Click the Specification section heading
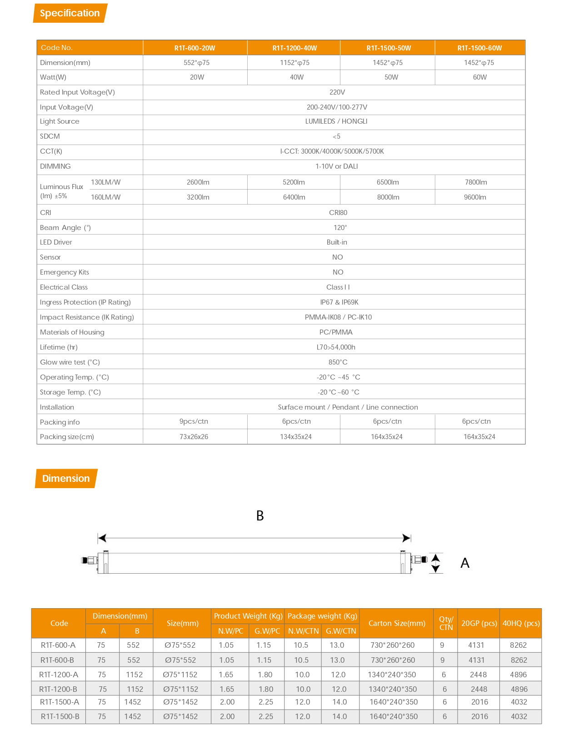tap(70, 13)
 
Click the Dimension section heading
tap(66, 478)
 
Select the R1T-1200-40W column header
tap(294, 48)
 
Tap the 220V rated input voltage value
tap(337, 92)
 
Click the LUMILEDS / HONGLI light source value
tap(336, 121)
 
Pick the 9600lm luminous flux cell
tap(475, 197)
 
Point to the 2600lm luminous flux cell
tap(198, 182)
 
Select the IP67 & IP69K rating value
tap(339, 302)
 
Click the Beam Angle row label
tap(65, 228)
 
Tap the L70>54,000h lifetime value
tap(336, 347)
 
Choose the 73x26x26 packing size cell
tap(194, 437)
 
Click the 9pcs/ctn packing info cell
tap(194, 421)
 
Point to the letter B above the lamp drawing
tap(260, 515)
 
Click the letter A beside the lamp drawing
tap(464, 563)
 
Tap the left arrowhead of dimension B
tap(102, 538)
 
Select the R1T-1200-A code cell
tap(59, 675)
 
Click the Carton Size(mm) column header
tap(397, 623)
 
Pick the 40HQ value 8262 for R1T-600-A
tap(518, 645)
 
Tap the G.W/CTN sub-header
tap(341, 631)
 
